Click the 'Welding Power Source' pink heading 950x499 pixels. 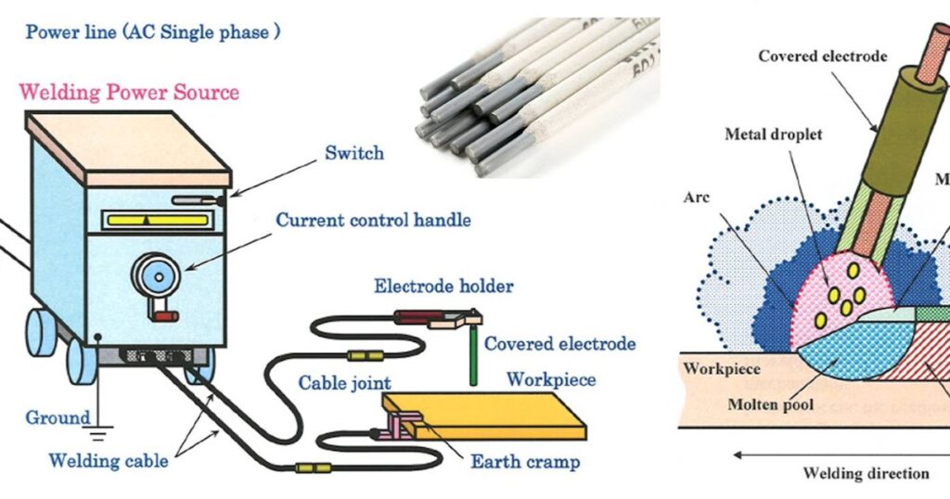(129, 92)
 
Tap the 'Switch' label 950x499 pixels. (353, 152)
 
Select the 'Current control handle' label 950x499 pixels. (373, 220)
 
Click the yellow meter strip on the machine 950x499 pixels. (157, 219)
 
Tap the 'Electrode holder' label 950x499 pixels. (443, 286)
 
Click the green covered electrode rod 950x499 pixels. (473, 358)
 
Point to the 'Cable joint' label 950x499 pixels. (345, 382)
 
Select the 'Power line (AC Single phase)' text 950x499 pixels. (153, 32)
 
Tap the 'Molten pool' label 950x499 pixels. (770, 404)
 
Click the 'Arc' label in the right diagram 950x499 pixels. (695, 198)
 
